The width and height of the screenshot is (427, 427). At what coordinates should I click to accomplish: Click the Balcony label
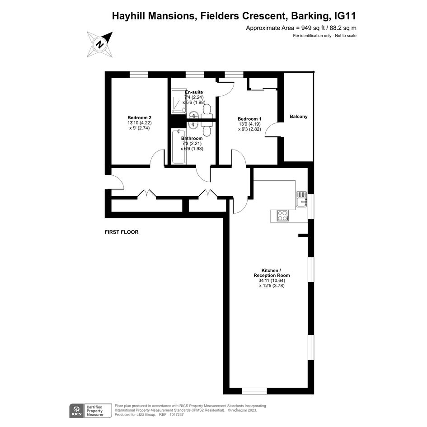pos(299,117)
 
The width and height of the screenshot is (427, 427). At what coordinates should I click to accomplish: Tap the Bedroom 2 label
pos(140,117)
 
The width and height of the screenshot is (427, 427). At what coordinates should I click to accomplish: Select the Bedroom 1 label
pos(249,119)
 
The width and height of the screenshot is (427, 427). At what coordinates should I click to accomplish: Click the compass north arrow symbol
pos(100,44)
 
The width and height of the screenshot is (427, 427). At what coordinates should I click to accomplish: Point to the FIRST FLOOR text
pos(122,232)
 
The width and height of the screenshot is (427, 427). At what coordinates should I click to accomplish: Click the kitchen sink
pos(301,199)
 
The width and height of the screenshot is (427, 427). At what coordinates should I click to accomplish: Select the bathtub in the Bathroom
pos(178,146)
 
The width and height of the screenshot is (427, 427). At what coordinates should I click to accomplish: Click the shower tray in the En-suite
pos(178,102)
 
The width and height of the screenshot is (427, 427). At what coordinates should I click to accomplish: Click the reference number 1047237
pos(176,415)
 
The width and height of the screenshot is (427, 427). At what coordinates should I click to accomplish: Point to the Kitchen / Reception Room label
pos(272,273)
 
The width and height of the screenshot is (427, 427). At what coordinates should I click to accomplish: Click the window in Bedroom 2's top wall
pos(139,75)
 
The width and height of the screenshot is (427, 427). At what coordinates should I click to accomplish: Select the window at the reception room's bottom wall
pos(255,391)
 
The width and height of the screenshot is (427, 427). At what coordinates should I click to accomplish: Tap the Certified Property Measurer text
pos(95,411)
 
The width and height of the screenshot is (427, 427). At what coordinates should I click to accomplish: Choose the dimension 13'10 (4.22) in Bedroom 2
pos(140,123)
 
